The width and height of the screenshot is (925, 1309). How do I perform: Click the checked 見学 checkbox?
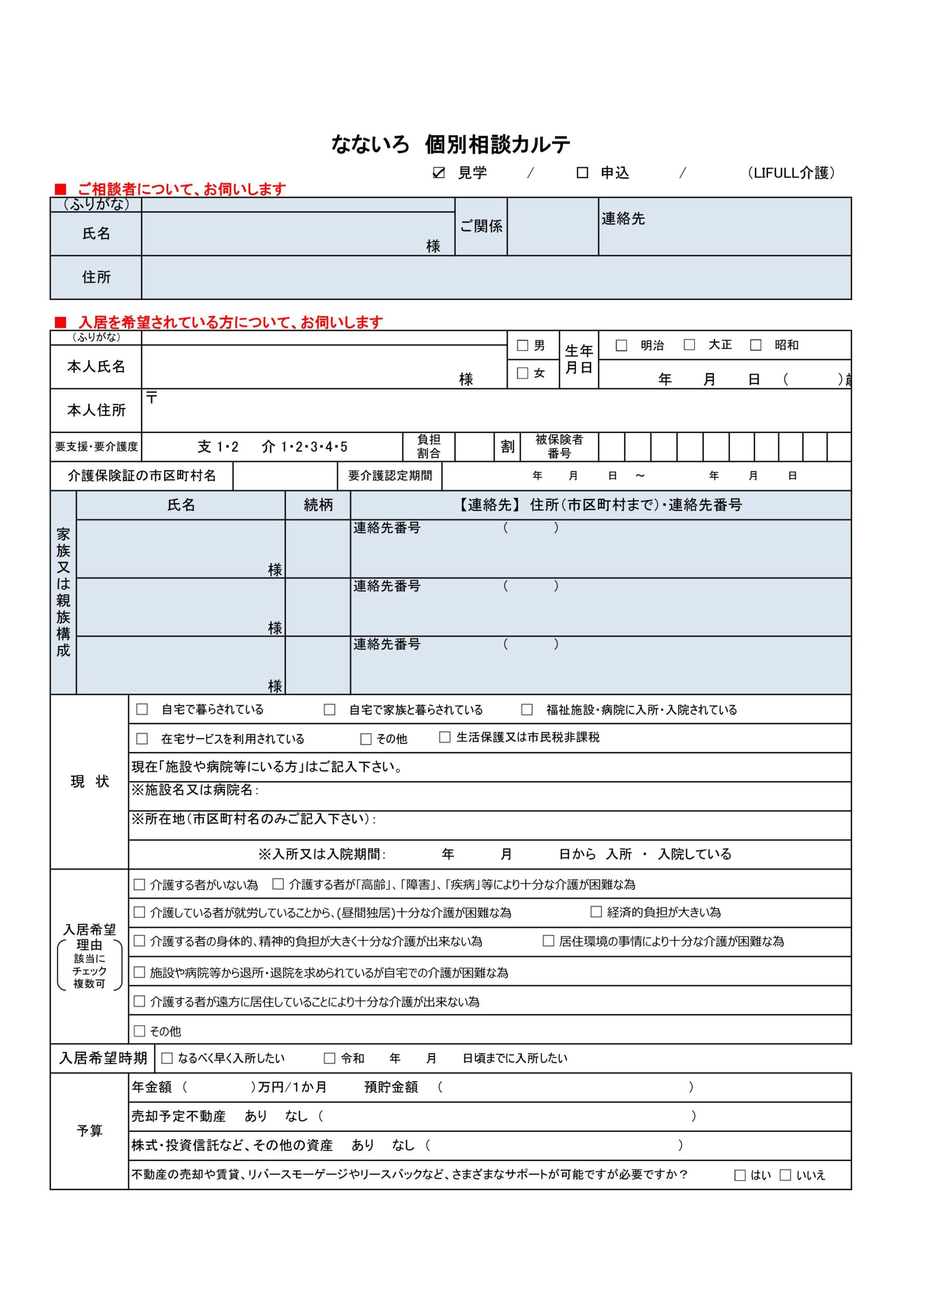point(438,173)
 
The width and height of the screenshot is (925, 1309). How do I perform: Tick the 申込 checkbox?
point(582,173)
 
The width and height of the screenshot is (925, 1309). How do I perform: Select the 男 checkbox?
point(522,346)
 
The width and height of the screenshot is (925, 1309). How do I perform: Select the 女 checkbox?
point(522,373)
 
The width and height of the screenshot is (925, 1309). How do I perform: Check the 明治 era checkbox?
point(621,346)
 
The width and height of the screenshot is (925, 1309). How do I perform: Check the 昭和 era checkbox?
point(756,345)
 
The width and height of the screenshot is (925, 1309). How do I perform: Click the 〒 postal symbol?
point(151,397)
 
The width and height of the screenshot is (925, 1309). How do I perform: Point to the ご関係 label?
point(481,227)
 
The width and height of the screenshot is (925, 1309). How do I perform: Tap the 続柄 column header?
point(318,505)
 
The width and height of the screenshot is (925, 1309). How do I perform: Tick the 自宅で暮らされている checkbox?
point(142,709)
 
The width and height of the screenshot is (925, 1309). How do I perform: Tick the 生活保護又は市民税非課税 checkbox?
point(445,737)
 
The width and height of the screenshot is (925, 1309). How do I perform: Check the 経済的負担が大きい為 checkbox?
point(596,912)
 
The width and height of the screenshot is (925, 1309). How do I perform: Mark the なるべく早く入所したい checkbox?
point(167,1058)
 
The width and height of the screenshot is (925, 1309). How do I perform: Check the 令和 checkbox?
point(330,1058)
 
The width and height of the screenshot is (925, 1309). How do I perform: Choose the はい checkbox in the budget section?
point(740,1175)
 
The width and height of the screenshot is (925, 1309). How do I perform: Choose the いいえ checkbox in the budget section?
point(785,1175)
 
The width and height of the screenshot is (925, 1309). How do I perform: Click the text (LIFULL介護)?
point(791,173)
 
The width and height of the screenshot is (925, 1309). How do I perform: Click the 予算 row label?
point(89,1131)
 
